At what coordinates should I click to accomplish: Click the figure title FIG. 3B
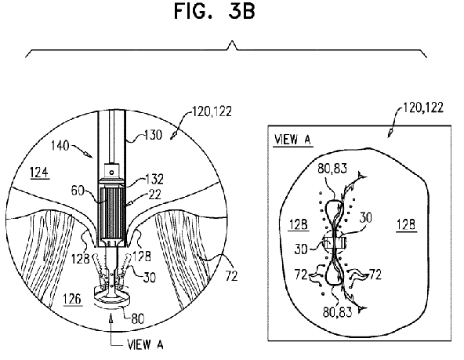(214, 11)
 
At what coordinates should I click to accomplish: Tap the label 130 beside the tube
(154, 135)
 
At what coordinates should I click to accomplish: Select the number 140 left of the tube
(60, 145)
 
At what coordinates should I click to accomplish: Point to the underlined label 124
(39, 173)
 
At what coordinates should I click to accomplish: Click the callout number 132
(154, 179)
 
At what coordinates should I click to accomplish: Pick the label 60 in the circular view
(78, 191)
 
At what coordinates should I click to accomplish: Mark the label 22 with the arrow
(154, 195)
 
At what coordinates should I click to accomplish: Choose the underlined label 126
(72, 299)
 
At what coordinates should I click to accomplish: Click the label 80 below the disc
(138, 319)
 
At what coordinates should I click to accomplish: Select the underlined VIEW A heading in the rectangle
(292, 140)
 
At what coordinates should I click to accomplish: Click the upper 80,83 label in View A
(332, 169)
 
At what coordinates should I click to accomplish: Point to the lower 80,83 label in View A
(337, 311)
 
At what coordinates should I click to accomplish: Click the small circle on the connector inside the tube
(111, 172)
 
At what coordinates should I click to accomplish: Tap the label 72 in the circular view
(231, 276)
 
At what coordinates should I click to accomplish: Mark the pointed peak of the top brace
(232, 42)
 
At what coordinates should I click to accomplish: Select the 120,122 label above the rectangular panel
(423, 107)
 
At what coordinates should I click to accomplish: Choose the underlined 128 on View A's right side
(406, 224)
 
